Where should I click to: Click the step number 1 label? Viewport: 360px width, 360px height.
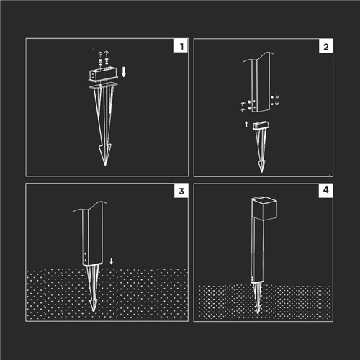181,46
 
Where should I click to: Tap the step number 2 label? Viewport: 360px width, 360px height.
326,47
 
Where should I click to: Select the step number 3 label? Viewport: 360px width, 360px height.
181,192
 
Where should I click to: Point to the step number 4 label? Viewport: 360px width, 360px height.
325,190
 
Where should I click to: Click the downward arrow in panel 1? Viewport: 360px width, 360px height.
124,72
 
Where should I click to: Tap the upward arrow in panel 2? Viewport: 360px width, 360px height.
246,125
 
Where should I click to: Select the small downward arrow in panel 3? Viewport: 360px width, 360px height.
111,261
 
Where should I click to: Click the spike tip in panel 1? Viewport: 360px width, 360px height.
105,165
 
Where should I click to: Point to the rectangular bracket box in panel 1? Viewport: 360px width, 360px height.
103,75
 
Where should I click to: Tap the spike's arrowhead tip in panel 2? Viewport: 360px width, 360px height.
261,171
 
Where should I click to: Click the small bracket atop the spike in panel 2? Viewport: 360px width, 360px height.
261,125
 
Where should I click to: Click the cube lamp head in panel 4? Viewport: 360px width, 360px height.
264,208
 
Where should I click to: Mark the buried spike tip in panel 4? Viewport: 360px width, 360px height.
258,312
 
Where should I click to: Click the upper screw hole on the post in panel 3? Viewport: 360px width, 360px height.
86,253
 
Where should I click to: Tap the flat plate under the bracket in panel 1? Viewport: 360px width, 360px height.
104,86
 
